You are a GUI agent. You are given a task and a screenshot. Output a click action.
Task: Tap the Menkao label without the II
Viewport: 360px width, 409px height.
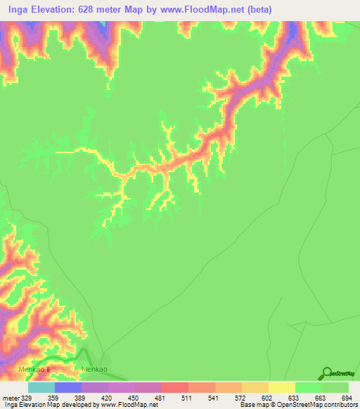coord(95,369)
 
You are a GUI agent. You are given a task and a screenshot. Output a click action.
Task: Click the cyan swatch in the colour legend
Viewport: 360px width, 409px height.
coord(41,387)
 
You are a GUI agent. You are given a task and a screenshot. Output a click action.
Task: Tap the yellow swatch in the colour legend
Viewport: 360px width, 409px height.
coord(282,387)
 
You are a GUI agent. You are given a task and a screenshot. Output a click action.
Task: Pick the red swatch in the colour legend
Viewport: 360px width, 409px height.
coord(175,387)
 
